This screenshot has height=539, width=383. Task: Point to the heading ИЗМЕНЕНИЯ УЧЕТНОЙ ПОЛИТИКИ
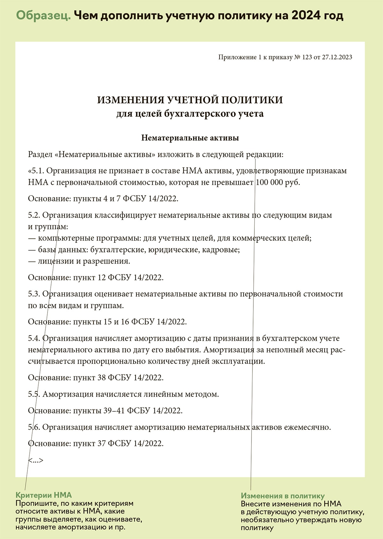point(190,100)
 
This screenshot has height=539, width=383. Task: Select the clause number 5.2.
point(34,215)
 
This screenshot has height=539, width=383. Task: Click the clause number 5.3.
point(34,294)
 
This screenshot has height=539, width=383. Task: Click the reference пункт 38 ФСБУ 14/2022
point(118,378)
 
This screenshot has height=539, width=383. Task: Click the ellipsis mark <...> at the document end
point(35,460)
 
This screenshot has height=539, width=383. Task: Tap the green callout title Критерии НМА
point(44,495)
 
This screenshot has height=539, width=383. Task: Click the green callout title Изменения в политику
point(283,496)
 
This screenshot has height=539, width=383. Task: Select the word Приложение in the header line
point(235,57)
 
